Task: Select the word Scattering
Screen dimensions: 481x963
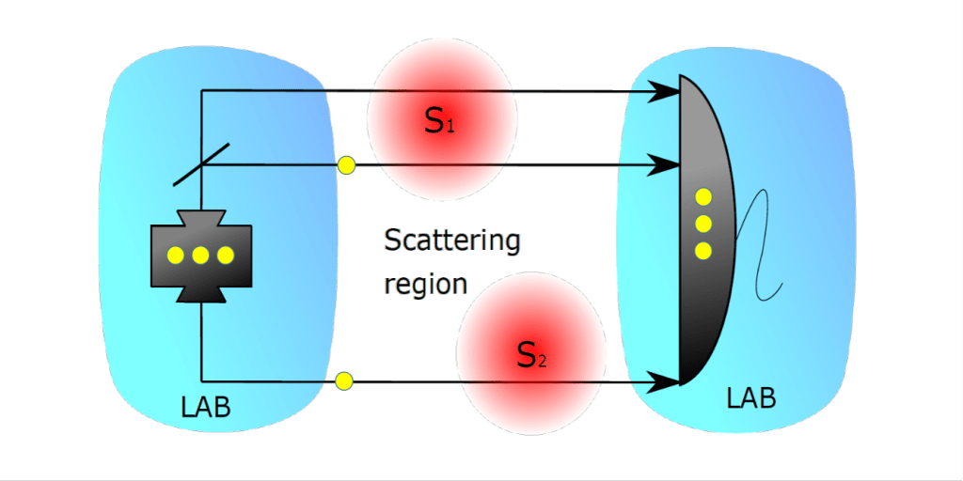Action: click(451, 240)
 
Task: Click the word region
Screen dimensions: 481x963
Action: click(425, 284)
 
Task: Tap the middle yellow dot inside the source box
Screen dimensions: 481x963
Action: click(200, 255)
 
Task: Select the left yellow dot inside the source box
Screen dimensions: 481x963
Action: click(176, 255)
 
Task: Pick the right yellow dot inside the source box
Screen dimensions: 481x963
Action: click(225, 255)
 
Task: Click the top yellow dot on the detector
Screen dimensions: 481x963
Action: click(703, 197)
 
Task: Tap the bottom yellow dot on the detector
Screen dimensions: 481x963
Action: click(703, 251)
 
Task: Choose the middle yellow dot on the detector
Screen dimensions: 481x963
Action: click(703, 224)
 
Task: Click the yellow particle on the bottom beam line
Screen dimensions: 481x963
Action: click(344, 380)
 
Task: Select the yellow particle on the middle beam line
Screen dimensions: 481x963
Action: click(346, 166)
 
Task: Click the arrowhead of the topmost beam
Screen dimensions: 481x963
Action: click(668, 91)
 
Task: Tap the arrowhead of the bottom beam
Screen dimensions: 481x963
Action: click(668, 381)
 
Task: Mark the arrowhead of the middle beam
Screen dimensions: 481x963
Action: click(668, 166)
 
